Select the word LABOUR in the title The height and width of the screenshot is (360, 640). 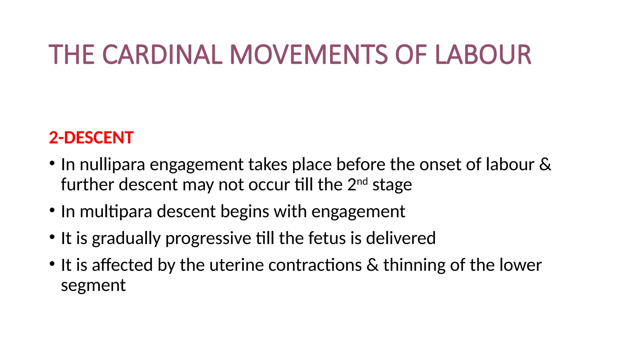483,55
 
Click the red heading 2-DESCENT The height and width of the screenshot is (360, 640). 91,138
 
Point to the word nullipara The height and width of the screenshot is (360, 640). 112,165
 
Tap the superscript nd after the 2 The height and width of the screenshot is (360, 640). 362,182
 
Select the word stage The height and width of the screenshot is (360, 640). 392,185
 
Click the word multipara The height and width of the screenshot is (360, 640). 116,212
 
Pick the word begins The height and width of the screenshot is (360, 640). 245,212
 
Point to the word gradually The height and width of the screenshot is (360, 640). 126,239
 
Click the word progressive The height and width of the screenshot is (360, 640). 208,239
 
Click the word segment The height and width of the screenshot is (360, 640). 93,286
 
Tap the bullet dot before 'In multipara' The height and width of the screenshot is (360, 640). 52,210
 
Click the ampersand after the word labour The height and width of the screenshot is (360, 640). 545,164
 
